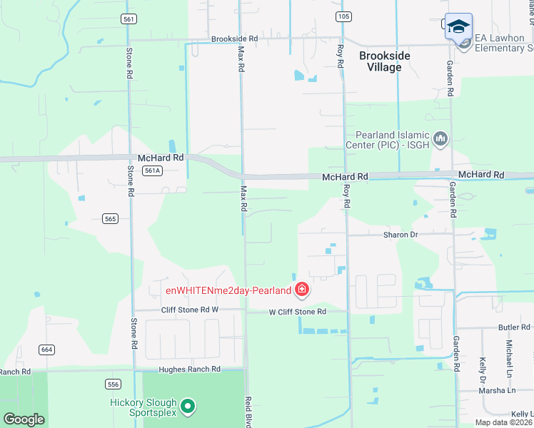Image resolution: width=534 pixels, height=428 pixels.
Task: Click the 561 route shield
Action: tap(129, 19)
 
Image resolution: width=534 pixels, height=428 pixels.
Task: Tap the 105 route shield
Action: tap(343, 16)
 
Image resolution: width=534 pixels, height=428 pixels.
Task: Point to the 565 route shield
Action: tap(110, 218)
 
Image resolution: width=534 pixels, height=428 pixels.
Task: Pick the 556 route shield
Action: tap(113, 384)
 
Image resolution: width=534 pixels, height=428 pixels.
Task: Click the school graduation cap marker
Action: tap(458, 28)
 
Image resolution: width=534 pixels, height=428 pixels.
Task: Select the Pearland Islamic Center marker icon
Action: tap(440, 138)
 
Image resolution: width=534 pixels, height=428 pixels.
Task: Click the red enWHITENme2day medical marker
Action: tap(302, 290)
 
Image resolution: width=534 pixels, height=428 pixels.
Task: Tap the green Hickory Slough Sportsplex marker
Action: tap(188, 407)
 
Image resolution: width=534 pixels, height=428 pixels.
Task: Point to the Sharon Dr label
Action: tap(400, 235)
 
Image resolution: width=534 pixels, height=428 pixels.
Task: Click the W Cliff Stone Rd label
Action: tap(297, 312)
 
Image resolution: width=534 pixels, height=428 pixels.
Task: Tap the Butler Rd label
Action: tap(514, 327)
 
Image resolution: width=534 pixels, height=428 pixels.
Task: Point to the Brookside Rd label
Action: tap(233, 39)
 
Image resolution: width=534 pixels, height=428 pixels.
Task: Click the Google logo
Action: tap(24, 419)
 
